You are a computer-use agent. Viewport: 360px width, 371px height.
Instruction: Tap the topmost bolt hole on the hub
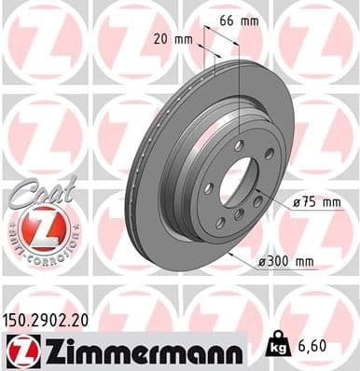pos(239,145)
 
